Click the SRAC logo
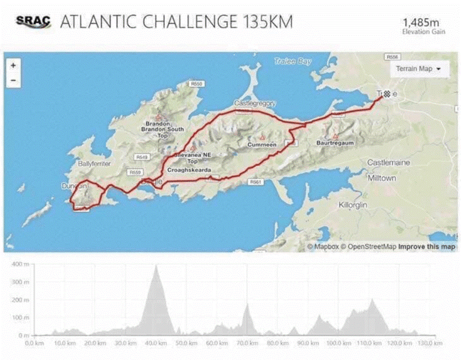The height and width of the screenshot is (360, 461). pyautogui.click(x=33, y=22)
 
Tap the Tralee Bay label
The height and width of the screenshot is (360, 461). pyautogui.click(x=293, y=61)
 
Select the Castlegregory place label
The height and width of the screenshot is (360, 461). pyautogui.click(x=255, y=103)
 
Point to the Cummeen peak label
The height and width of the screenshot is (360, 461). pyautogui.click(x=262, y=144)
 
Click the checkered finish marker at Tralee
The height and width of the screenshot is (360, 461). pyautogui.click(x=387, y=94)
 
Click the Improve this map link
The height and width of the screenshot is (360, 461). pyautogui.click(x=427, y=246)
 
